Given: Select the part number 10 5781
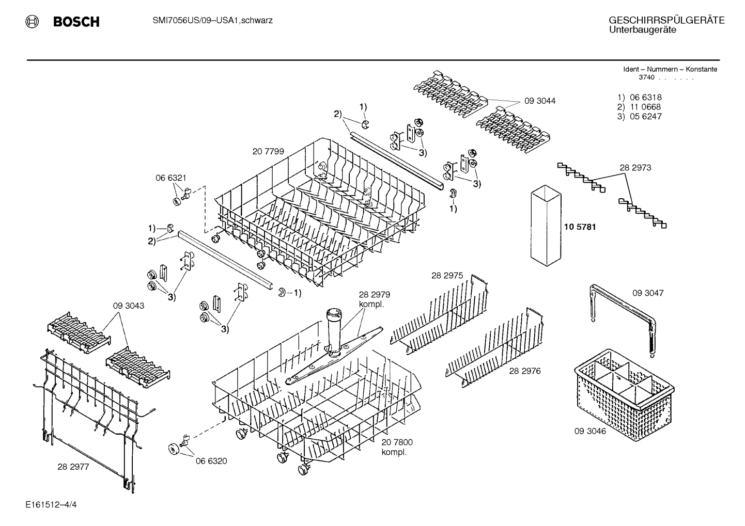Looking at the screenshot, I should coord(580,227).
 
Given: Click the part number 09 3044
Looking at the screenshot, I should coord(540,101).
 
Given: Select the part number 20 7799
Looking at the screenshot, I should coord(268,152).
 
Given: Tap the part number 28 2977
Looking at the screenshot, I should coord(73,467).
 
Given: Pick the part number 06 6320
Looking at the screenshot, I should coord(211,461).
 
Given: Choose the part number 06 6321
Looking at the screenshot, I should coord(170,178).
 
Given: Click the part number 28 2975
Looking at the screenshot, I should coord(447,276).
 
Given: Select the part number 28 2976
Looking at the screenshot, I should coord(524,371).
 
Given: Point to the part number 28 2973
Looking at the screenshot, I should coord(635,168).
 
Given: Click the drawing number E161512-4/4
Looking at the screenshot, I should coord(51,504).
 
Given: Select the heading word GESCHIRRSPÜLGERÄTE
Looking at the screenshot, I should coord(666,21).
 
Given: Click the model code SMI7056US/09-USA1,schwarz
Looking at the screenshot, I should coord(212,21).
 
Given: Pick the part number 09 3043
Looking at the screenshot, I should coord(129,306).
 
